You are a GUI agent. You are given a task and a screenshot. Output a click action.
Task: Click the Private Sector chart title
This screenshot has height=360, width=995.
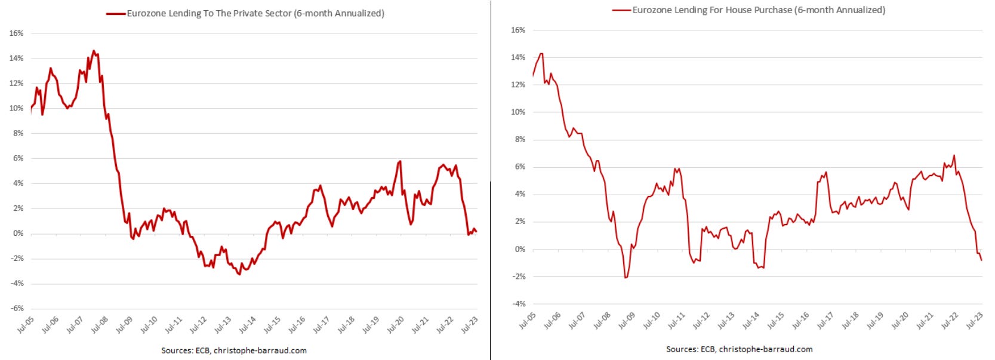click(255, 13)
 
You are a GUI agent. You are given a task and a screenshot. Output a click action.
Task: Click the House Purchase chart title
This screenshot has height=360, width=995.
click(759, 10)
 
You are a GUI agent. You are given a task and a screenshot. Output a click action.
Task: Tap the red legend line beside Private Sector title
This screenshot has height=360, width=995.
click(116, 13)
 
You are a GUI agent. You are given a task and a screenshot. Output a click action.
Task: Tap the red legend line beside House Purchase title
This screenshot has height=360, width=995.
click(621, 10)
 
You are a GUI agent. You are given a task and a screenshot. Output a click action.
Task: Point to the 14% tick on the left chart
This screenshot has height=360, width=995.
click(16, 59)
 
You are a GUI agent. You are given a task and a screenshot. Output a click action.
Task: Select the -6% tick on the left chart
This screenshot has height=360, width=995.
click(16, 309)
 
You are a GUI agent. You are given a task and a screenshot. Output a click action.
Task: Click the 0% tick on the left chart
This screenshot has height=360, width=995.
click(18, 233)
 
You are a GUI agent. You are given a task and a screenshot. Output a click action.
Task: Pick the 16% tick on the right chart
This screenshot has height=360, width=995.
click(518, 30)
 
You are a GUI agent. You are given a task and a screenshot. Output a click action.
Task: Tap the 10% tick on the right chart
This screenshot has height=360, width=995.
click(518, 112)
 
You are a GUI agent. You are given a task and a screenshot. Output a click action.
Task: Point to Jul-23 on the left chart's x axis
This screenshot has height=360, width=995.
click(469, 325)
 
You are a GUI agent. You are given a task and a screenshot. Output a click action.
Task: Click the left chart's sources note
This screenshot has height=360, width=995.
click(234, 350)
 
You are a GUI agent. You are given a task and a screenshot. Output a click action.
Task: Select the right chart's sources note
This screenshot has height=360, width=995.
click(740, 349)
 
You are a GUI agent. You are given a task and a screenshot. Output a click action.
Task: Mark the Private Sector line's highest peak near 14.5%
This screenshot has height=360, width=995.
click(94, 51)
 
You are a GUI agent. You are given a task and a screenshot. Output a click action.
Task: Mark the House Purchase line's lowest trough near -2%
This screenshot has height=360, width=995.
click(626, 278)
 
